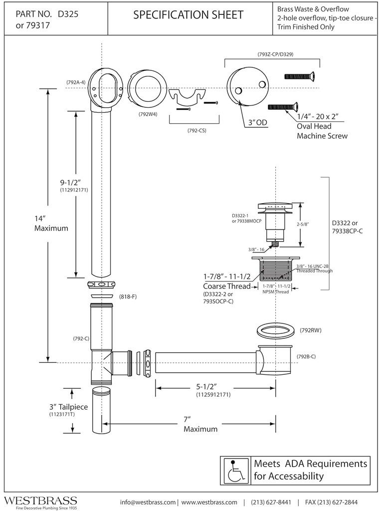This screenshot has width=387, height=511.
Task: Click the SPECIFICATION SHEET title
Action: click(189, 15)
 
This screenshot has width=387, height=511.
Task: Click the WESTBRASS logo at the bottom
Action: click(40, 500)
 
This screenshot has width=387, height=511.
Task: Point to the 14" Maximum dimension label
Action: click(51, 223)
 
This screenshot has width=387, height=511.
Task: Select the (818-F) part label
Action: click(128, 297)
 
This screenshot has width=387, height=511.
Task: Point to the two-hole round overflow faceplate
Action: click(248, 88)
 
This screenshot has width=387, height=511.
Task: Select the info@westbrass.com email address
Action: click(148, 502)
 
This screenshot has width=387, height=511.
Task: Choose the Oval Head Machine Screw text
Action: click(322, 131)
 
